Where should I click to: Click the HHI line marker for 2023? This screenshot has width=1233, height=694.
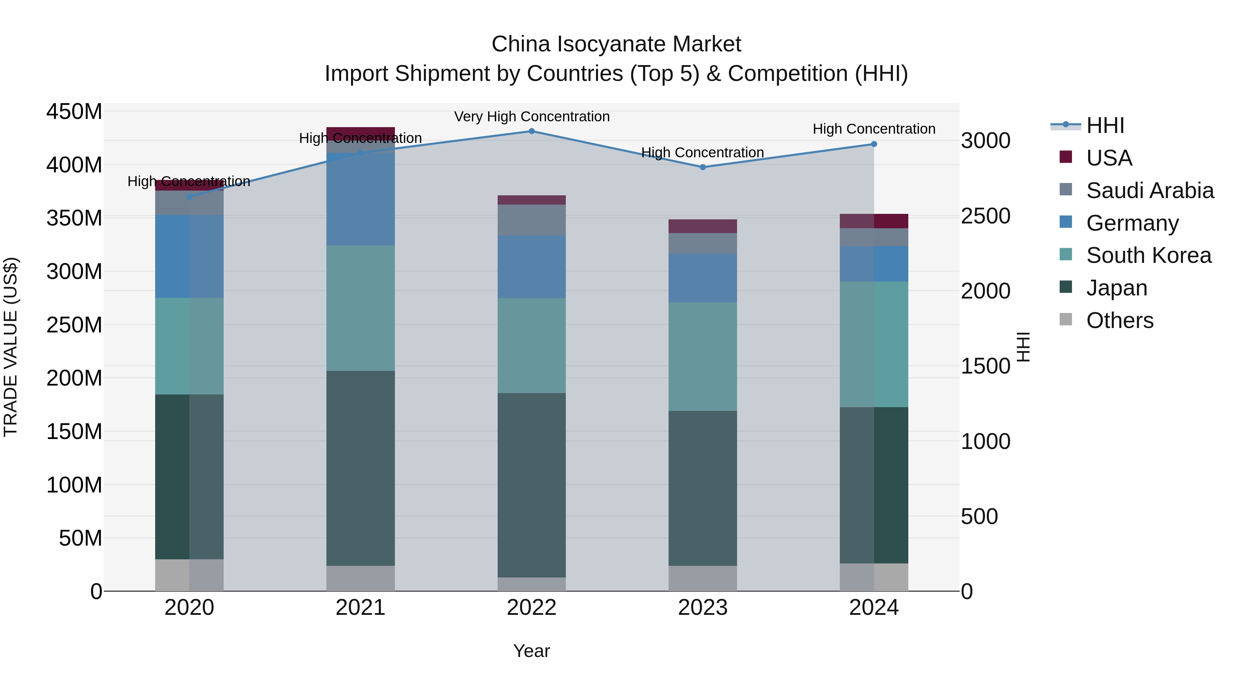pyautogui.click(x=703, y=167)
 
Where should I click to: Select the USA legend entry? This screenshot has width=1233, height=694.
pyautogui.click(x=1109, y=158)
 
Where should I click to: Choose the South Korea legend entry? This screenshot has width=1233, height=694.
pyautogui.click(x=1148, y=255)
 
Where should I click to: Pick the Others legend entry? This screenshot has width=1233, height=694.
pyautogui.click(x=1120, y=320)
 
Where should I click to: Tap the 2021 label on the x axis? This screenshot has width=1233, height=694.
pyautogui.click(x=360, y=608)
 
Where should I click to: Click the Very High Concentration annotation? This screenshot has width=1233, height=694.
pyautogui.click(x=532, y=117)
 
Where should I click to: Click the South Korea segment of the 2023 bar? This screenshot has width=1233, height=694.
pyautogui.click(x=703, y=356)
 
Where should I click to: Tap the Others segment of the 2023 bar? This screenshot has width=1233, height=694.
pyautogui.click(x=703, y=578)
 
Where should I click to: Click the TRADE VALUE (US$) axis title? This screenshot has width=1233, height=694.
pyautogui.click(x=11, y=347)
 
